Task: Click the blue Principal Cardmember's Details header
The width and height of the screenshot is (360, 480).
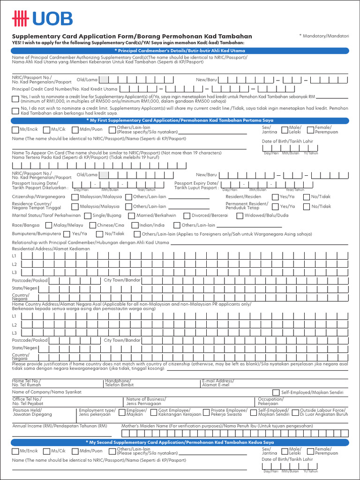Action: pos(180,50)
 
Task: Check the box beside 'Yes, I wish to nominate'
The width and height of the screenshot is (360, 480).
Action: pos(15,98)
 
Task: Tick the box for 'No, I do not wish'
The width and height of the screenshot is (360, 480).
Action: pos(15,110)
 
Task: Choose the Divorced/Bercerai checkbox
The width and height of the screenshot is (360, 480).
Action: pos(187,216)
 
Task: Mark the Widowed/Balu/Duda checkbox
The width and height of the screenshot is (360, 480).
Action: pos(240,216)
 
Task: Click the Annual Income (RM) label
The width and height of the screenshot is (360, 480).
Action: pos(60,426)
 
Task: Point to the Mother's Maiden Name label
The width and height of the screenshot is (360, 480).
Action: pos(217,426)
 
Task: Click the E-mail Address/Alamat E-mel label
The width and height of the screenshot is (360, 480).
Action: pos(218,383)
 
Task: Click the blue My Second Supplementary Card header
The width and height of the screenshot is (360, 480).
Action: pos(180,442)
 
